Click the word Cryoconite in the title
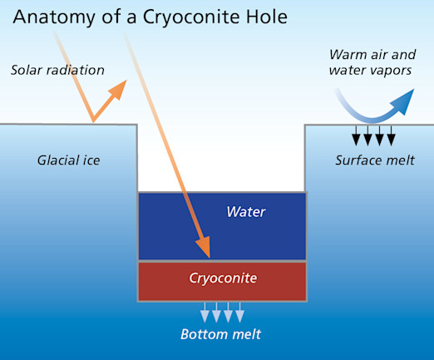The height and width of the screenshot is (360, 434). pyautogui.click(x=191, y=18)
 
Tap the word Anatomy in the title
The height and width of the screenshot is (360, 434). pyautogui.click(x=54, y=18)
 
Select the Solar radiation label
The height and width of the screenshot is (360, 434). pyautogui.click(x=57, y=70)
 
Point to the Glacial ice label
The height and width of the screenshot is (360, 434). pyautogui.click(x=68, y=160)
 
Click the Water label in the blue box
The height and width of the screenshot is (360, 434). pyautogui.click(x=246, y=212)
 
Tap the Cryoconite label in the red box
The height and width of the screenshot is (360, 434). pyautogui.click(x=223, y=279)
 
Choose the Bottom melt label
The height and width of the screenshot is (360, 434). pyautogui.click(x=221, y=334)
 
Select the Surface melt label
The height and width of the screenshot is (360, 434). pyautogui.click(x=375, y=160)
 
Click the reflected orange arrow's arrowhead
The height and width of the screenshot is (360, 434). pyautogui.click(x=119, y=89)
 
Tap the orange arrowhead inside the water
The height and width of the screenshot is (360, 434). pyautogui.click(x=204, y=247)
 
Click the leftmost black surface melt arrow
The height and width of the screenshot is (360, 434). pyautogui.click(x=356, y=136)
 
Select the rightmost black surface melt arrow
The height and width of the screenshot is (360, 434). pyautogui.click(x=391, y=136)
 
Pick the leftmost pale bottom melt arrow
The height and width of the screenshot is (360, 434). pyautogui.click(x=205, y=313)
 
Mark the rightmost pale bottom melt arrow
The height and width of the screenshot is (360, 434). pyautogui.click(x=239, y=313)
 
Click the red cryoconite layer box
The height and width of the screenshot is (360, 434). pyautogui.click(x=222, y=281)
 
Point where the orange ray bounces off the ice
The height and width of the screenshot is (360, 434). pyautogui.click(x=93, y=121)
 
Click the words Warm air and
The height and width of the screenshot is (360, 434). pyautogui.click(x=372, y=55)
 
